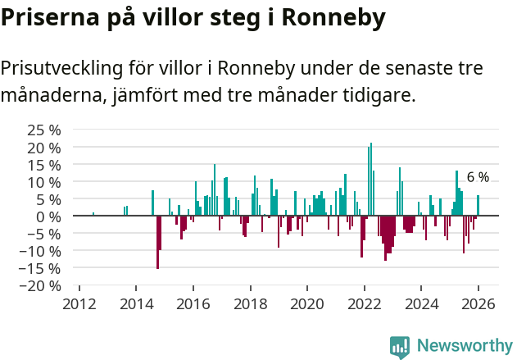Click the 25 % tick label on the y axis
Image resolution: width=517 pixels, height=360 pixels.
(44, 130)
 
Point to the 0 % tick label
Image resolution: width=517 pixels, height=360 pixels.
(50, 216)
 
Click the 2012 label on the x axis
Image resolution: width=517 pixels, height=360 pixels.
(79, 303)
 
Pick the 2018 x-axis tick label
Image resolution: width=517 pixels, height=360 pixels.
(250, 303)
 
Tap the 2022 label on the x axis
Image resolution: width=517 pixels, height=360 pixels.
(365, 303)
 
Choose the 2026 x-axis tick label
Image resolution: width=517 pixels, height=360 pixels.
(478, 303)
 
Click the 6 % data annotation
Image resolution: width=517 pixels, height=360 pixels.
(478, 177)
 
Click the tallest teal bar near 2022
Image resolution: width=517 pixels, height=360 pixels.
(371, 179)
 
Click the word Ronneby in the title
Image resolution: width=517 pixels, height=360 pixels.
(333, 18)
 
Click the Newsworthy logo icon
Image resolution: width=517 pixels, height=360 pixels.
(400, 347)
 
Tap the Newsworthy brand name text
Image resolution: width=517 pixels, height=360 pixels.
(465, 347)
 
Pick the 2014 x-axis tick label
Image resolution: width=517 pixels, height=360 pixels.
(136, 303)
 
